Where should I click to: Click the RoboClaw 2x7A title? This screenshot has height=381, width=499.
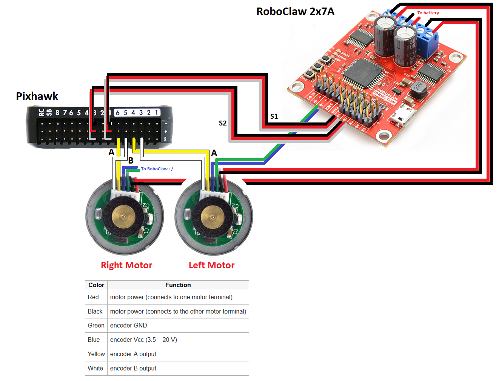tap(295, 11)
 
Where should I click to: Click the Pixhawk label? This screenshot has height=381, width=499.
tap(37, 96)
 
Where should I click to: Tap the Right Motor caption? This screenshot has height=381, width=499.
tap(126, 265)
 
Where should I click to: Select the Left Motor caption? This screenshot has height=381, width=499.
tap(211, 265)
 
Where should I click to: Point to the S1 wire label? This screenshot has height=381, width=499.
tap(274, 116)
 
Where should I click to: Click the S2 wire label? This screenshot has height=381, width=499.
tap(223, 123)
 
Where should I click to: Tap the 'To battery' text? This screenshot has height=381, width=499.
tap(428, 13)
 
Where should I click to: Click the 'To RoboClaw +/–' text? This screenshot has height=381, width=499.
tap(159, 169)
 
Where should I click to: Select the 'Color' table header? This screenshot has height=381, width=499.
tap(96, 285)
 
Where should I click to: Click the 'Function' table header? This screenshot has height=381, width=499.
tap(178, 285)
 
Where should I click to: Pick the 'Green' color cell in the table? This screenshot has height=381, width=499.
tap(96, 326)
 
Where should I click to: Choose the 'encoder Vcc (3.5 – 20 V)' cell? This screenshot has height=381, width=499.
tap(143, 340)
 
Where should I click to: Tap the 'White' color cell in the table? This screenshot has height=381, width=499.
tap(95, 369)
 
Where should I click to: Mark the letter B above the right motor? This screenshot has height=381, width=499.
tap(131, 161)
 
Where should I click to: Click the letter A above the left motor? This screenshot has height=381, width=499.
tap(214, 153)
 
